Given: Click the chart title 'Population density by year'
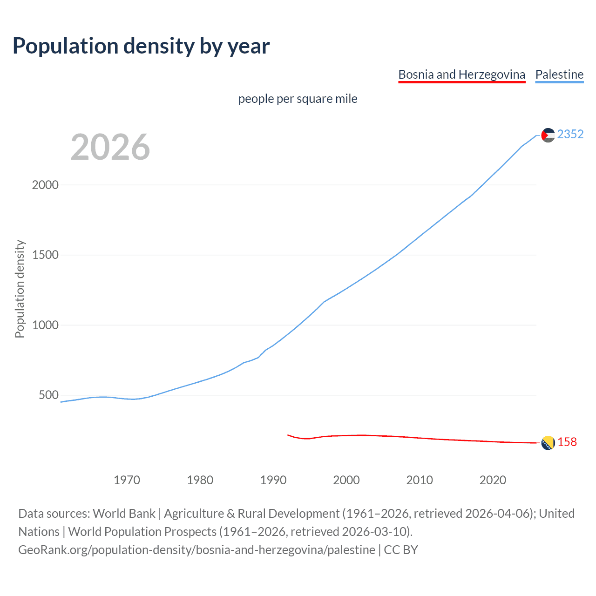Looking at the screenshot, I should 141,46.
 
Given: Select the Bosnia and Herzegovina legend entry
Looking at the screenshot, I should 461,74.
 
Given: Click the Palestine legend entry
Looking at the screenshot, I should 559,74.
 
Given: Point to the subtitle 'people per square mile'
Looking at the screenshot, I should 298,99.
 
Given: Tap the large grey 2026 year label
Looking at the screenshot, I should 110,147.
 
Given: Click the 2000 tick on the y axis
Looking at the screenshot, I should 45,185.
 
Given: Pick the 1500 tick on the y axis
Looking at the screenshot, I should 45,255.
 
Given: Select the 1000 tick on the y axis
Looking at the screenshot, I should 45,325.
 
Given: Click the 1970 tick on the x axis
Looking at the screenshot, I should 127,480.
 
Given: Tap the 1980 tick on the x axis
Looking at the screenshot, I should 200,480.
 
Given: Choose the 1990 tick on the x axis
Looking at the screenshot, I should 273,480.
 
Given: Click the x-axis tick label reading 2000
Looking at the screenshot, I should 346,480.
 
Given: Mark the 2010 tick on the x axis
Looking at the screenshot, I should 420,480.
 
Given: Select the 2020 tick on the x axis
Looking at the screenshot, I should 493,480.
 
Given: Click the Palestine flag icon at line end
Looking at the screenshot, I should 548,135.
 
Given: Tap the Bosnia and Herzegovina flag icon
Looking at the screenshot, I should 548,443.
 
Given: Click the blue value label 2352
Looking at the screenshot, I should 570,135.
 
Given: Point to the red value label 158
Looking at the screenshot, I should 567,442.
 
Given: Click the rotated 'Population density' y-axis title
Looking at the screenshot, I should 20,289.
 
